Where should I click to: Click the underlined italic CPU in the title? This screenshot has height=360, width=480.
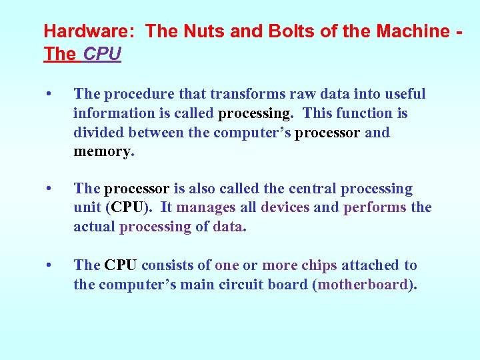102,54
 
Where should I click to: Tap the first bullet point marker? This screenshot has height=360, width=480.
49,95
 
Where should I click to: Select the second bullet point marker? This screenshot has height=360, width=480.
49,189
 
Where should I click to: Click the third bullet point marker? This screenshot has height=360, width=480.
49,265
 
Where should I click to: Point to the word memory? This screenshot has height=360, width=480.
103,151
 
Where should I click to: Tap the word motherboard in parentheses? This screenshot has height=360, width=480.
364,285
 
